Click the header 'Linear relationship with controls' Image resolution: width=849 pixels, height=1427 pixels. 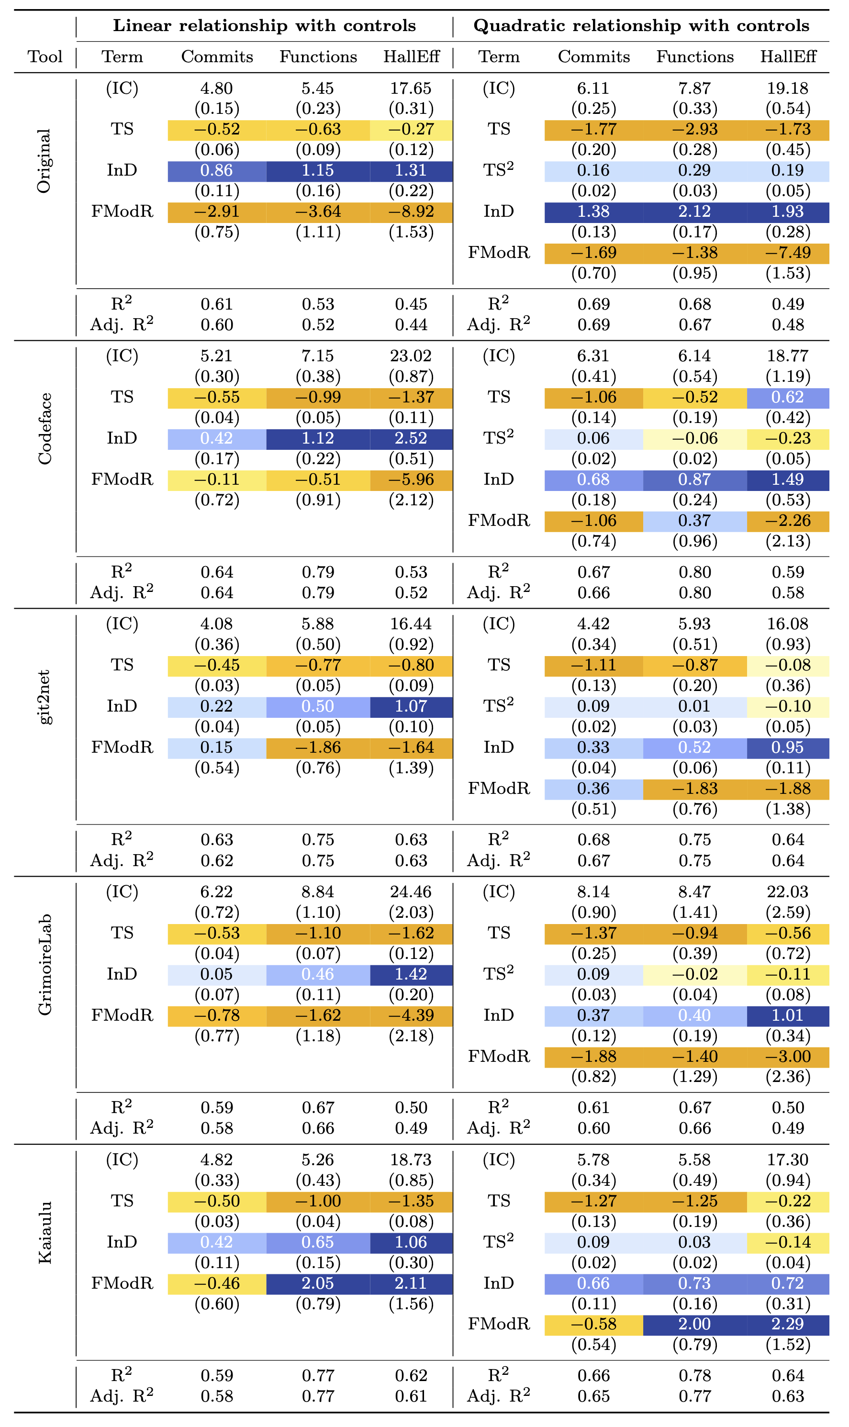point(264,26)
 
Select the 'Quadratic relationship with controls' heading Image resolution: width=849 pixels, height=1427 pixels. point(641,26)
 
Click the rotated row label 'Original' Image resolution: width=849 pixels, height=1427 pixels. point(44,161)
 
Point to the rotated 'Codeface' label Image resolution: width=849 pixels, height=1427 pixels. point(44,429)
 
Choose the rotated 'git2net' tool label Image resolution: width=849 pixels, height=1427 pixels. point(44,697)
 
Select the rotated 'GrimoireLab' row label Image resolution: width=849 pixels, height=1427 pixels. point(44,965)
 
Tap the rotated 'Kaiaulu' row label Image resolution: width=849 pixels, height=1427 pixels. point(44,1233)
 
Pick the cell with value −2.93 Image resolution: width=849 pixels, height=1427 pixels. point(694,130)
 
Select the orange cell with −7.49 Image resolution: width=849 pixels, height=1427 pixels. point(788,253)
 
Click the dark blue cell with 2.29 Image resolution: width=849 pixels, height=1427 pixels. point(788,1324)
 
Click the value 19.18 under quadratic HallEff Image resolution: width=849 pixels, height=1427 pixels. point(788,89)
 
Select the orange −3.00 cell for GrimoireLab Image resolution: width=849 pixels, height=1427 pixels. point(788,1057)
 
